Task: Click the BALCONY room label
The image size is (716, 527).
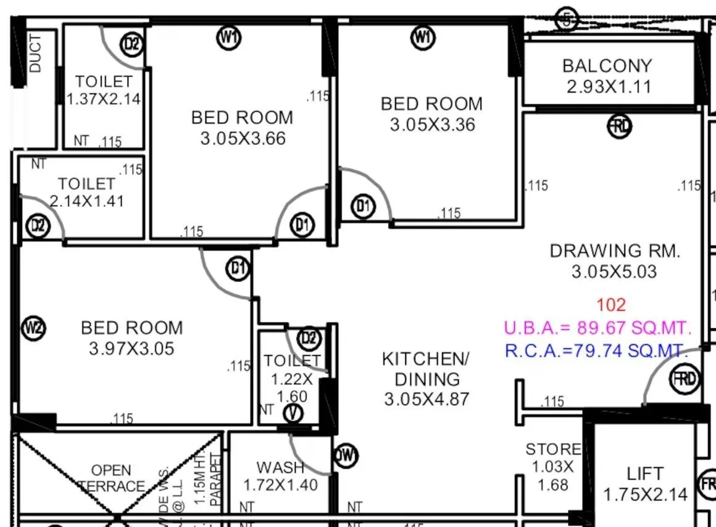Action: click(607, 66)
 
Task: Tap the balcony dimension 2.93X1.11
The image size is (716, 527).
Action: click(609, 86)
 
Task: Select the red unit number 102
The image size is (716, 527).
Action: click(611, 305)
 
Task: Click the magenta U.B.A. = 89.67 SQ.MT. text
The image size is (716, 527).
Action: click(597, 328)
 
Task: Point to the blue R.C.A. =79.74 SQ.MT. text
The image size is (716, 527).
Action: click(596, 351)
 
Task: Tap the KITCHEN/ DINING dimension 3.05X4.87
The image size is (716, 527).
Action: click(427, 399)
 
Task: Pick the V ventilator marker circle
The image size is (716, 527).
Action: click(292, 413)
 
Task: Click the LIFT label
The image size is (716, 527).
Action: click(645, 474)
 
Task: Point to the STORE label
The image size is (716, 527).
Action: click(553, 449)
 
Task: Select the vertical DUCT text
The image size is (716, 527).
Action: click(36, 54)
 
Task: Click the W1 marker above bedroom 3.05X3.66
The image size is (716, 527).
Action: click(229, 38)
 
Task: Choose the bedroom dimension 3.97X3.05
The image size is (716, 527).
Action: click(131, 349)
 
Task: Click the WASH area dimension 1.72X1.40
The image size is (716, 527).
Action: click(281, 485)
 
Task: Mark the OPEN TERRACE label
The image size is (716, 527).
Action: click(112, 478)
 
